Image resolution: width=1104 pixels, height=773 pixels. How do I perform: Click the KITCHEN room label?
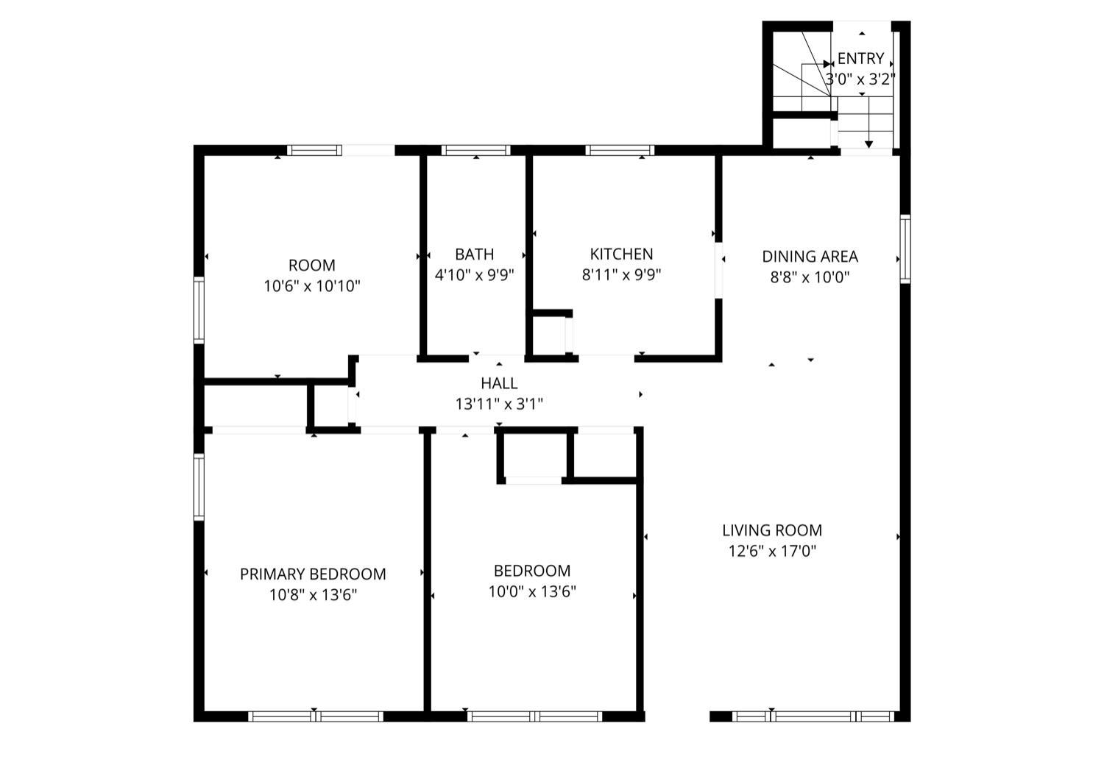tap(621, 254)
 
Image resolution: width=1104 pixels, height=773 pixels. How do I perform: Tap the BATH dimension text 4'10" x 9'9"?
tap(474, 275)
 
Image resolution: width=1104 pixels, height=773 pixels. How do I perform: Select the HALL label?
tap(499, 383)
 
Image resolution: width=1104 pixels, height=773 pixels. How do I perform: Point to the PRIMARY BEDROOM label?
tap(313, 574)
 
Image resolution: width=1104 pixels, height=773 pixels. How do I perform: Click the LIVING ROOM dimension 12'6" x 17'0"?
tap(772, 551)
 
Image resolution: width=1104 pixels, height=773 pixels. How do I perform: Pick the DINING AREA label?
tap(810, 257)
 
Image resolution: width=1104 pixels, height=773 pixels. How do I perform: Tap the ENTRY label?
tap(860, 59)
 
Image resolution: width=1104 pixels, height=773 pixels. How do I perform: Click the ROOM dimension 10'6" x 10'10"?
tap(312, 286)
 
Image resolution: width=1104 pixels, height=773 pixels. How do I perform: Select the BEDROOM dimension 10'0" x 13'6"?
tap(532, 591)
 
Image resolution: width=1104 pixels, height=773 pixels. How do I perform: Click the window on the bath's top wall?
tap(475, 150)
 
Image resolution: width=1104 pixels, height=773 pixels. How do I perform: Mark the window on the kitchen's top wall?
tap(620, 150)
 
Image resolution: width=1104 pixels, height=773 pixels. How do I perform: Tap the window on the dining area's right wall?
tap(905, 249)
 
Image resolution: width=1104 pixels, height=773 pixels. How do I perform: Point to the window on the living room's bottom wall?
tap(813, 716)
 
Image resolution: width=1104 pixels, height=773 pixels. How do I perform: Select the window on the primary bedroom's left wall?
tap(199, 487)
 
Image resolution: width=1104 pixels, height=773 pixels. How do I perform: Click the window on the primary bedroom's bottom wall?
tap(316, 716)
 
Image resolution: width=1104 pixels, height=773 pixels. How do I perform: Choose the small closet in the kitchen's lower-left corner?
tap(549, 335)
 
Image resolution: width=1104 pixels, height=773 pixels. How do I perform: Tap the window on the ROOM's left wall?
tap(199, 310)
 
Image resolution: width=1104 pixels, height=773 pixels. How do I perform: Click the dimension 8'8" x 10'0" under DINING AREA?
tap(810, 277)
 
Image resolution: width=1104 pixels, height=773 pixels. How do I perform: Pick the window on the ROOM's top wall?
tap(314, 150)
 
